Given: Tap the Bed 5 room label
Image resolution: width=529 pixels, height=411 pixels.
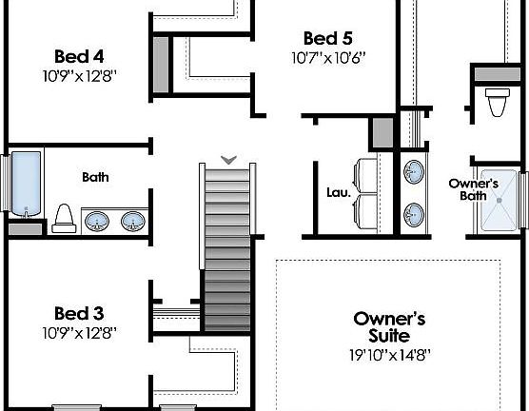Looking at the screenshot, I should [x=328, y=38].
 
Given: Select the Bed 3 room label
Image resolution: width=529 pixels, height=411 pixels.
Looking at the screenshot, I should [x=79, y=313].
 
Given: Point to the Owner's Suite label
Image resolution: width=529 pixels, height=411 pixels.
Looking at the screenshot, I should [x=388, y=326].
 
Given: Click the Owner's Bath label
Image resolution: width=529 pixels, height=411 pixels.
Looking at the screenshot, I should [x=474, y=189].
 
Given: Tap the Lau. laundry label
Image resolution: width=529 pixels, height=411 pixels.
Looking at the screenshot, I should [x=338, y=192].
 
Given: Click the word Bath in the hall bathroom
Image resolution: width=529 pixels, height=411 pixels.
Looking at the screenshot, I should [x=95, y=177].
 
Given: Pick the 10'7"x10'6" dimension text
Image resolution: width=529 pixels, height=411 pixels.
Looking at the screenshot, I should [x=328, y=57].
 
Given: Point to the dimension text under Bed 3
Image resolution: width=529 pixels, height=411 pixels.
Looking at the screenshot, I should [x=79, y=333].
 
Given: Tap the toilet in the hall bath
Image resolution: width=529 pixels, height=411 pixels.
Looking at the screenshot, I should [x=64, y=219].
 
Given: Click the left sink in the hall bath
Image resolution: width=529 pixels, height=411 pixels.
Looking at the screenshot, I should [x=97, y=223].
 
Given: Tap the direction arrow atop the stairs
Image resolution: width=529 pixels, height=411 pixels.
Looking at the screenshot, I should [x=228, y=159].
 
